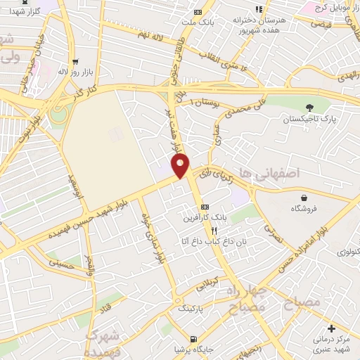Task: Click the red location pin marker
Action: coord(181,167)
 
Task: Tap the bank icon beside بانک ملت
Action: coord(198,11)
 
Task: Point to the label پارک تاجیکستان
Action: coord(306,119)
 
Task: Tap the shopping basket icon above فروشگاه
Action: coord(303,198)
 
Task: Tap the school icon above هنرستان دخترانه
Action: coord(259,9)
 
